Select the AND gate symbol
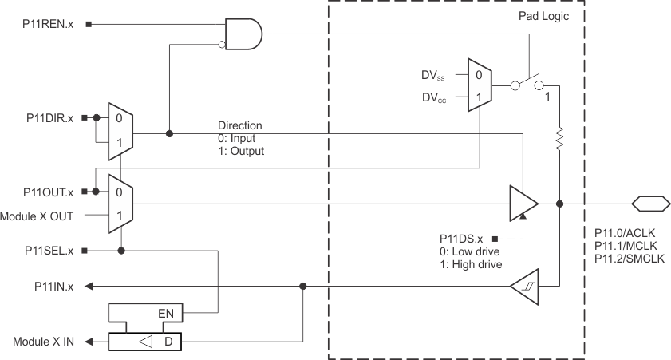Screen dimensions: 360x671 click(x=243, y=34)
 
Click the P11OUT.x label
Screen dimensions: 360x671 click(x=48, y=192)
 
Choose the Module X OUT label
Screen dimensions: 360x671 click(x=39, y=216)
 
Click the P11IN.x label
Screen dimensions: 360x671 click(x=54, y=286)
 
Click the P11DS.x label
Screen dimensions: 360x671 click(x=462, y=239)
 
